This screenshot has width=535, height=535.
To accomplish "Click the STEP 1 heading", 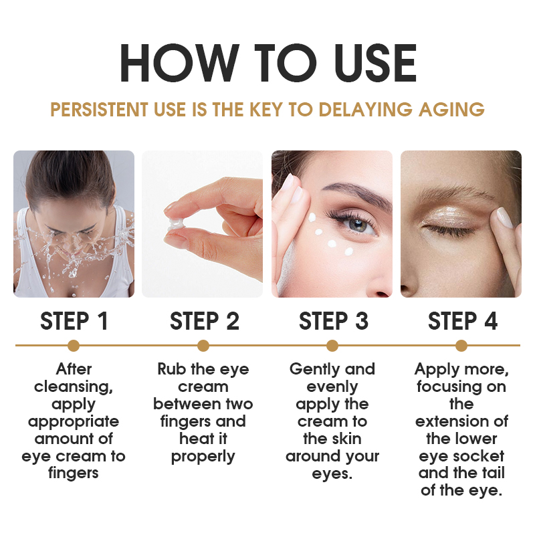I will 74,321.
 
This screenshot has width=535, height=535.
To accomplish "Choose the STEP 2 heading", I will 203,321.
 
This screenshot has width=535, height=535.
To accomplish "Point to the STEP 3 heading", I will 333,321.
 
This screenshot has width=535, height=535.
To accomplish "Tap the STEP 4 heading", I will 462,321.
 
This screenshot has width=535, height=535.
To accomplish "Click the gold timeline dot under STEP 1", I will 74,346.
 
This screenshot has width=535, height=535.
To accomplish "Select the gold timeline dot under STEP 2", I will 203,346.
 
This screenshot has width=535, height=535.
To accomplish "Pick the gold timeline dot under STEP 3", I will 332,346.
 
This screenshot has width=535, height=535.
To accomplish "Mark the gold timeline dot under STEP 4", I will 461,346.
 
